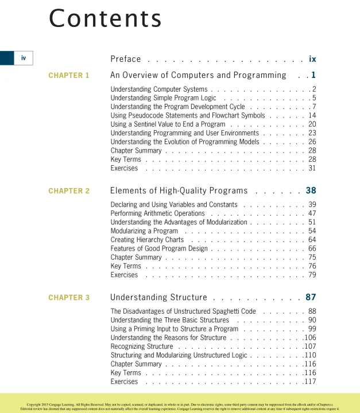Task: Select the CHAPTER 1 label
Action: tap(69, 75)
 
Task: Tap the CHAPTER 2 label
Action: tap(69, 191)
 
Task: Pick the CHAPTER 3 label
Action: tap(69, 298)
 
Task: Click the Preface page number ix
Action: tap(312, 59)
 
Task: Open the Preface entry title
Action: tap(125, 59)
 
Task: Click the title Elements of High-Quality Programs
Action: tap(179, 190)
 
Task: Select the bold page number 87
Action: tap(311, 297)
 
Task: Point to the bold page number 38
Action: tap(311, 190)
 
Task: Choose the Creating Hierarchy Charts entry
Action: tap(147, 240)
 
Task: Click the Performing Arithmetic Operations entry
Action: tap(157, 213)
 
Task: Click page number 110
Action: tap(310, 356)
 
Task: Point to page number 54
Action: tap(312, 231)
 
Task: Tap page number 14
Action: tap(312, 115)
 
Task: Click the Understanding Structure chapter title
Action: tap(158, 297)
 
